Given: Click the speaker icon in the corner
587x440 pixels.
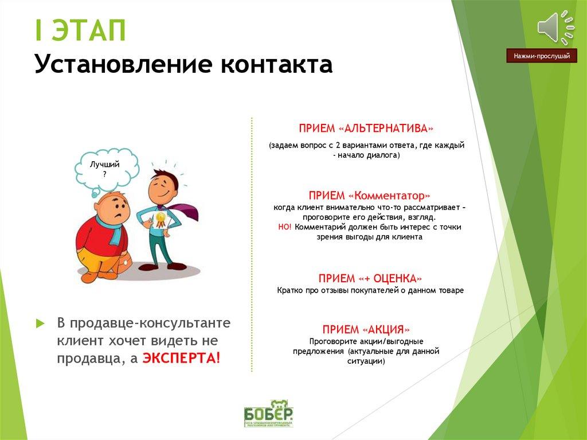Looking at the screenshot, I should (x=554, y=26).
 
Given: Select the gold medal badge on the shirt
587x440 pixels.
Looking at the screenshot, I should (x=161, y=219).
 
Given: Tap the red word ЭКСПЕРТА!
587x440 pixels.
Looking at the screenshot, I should (x=181, y=358).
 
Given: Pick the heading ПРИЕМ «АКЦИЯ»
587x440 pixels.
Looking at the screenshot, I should (x=366, y=329).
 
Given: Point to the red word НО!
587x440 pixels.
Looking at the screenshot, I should (x=285, y=227).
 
